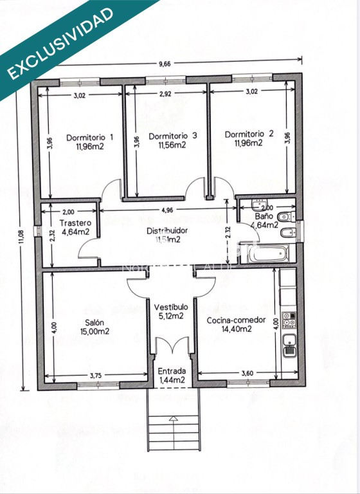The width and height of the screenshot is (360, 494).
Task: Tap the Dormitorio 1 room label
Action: click(x=90, y=137)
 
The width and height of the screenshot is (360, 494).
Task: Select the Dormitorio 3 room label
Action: click(x=172, y=136)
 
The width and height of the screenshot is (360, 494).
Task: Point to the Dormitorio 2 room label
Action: click(x=249, y=134)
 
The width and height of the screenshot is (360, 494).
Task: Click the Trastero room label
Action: click(x=75, y=223)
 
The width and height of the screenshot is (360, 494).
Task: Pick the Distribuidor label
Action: click(x=167, y=230)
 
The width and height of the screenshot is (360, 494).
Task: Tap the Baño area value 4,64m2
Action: click(x=264, y=226)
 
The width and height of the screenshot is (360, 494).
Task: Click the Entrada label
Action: click(x=172, y=371)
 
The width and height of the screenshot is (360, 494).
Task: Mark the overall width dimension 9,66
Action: click(x=167, y=64)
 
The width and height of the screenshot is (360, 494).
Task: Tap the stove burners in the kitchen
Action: click(x=289, y=320)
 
